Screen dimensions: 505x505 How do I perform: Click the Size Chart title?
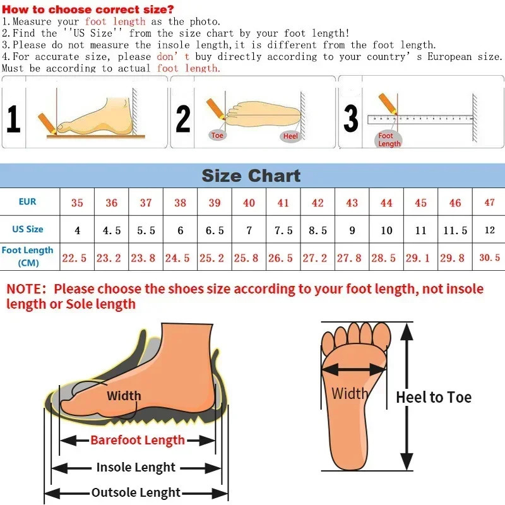(251, 175)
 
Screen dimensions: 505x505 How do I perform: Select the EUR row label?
(28, 202)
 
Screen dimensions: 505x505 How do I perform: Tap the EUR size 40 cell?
(249, 203)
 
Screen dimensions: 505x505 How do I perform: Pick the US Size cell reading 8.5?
(318, 230)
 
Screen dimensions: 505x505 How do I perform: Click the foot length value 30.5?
(489, 258)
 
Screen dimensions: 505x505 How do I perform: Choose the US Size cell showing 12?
(489, 230)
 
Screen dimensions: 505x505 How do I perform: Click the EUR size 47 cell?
(489, 203)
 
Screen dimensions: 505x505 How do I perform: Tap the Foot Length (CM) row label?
(28, 256)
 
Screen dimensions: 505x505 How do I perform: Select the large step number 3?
(351, 118)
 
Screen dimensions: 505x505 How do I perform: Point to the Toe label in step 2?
(218, 136)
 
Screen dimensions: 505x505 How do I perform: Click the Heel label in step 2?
(290, 136)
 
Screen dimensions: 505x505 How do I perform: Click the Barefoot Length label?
(138, 440)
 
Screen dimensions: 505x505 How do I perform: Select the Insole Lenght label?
(136, 468)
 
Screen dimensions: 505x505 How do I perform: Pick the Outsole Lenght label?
(136, 493)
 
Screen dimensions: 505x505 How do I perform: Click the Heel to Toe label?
(434, 397)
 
